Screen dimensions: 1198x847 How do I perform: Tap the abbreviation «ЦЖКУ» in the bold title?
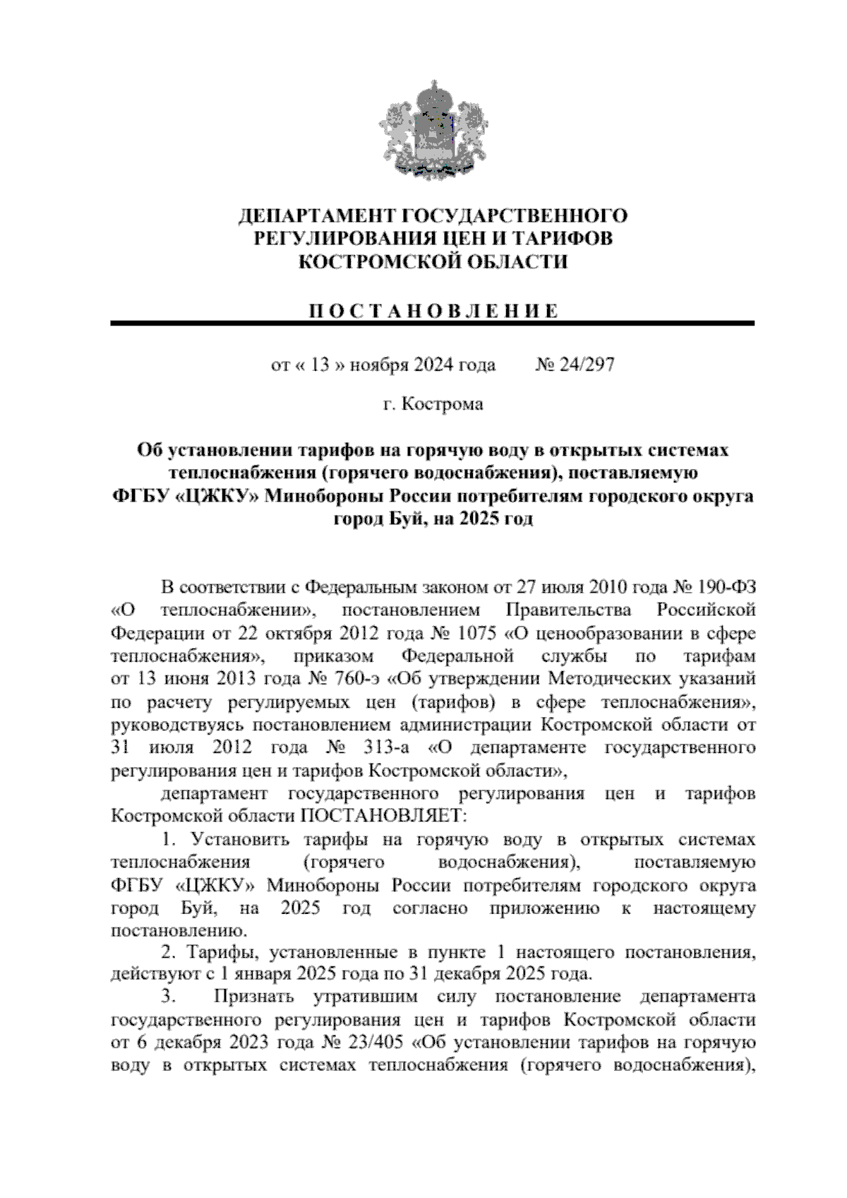[x=217, y=497]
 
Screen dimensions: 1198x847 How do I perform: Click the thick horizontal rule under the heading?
[x=432, y=324]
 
